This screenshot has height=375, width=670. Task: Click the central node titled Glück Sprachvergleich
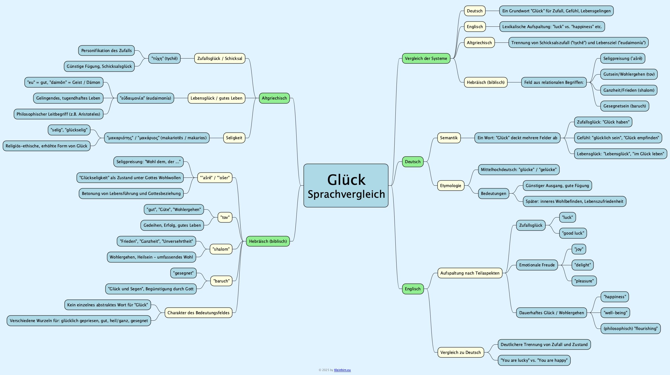[x=346, y=186]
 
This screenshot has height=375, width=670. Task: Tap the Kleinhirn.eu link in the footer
[x=342, y=370]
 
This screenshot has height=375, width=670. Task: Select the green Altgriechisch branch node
[x=274, y=98]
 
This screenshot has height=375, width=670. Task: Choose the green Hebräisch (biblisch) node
[x=268, y=241]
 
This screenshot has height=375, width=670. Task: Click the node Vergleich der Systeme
[x=426, y=59]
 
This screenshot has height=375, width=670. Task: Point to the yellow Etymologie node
[x=451, y=186]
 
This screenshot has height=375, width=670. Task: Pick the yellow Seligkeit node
[x=234, y=138]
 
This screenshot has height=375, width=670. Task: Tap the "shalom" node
[x=221, y=249]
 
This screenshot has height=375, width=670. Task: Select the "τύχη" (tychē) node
[x=164, y=59]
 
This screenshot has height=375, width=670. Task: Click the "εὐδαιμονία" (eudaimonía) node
[x=146, y=98]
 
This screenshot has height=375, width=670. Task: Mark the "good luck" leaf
[x=573, y=233]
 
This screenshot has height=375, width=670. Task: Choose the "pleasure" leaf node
[x=584, y=281]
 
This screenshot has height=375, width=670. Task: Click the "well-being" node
[x=615, y=313]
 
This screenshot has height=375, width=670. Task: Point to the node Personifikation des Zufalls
[x=106, y=51]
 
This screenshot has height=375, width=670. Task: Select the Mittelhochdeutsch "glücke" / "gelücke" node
[x=518, y=170]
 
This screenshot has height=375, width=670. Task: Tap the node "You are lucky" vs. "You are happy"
[x=534, y=360]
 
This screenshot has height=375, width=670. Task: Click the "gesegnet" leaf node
[x=183, y=273]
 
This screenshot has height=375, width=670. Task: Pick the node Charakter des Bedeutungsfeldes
[x=198, y=313]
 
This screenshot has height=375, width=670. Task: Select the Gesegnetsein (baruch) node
[x=624, y=106]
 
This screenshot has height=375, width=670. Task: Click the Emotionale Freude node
[x=537, y=265]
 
